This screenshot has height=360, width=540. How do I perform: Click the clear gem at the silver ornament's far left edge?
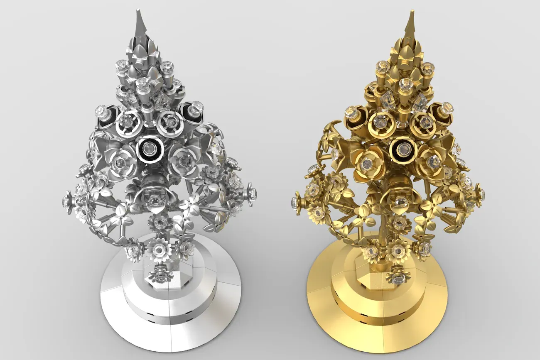[x=67, y=200]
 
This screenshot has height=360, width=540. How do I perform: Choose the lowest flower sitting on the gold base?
[x=397, y=275]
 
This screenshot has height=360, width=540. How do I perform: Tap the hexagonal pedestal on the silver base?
[x=160, y=282]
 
